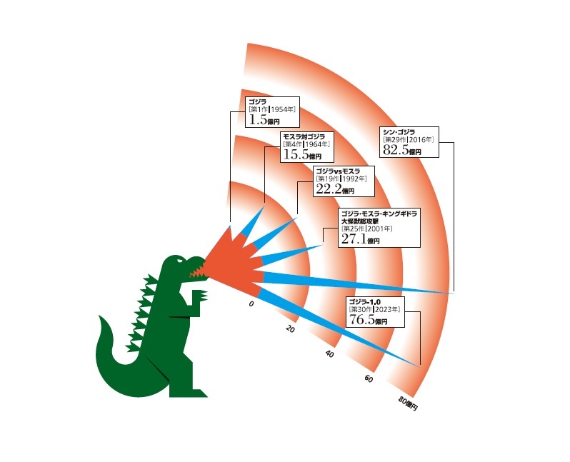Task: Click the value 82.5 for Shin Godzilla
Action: click(x=395, y=151)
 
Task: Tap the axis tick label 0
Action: click(x=251, y=305)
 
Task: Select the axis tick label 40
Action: click(x=329, y=354)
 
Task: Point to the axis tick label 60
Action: click(x=369, y=378)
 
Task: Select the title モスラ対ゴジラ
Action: click(x=304, y=136)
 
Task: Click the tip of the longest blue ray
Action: click(x=454, y=293)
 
